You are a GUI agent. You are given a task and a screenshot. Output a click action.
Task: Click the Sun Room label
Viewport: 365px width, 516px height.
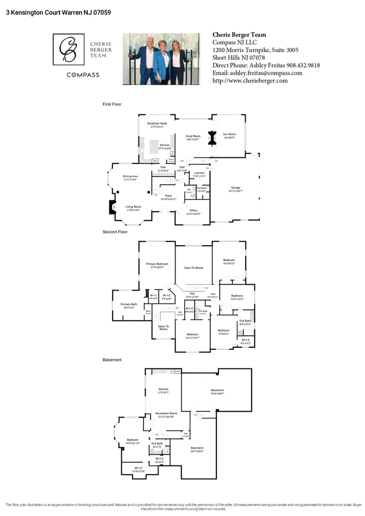coord(229,134)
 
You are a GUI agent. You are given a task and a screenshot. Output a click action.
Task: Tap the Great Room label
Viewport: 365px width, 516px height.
coord(193,136)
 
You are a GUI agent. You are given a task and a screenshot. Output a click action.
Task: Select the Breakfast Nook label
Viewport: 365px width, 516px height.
coord(157,124)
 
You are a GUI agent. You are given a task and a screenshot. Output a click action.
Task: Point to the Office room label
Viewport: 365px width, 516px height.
coord(193,211)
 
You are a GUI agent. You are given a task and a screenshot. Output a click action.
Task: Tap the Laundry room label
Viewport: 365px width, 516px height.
coord(199,173)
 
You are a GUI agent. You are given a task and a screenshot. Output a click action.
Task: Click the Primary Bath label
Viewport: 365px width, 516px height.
coord(129,304)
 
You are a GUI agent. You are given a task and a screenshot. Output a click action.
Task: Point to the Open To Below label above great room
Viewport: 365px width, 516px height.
coord(194,268)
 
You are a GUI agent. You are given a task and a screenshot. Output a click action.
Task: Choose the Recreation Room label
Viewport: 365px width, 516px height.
coord(166,414)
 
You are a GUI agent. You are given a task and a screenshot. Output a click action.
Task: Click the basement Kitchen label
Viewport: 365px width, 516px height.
coord(163,389)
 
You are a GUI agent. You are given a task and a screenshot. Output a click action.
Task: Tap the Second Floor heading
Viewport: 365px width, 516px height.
coord(115,232)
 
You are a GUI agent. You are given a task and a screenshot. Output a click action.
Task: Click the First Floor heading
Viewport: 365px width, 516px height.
coord(112,104)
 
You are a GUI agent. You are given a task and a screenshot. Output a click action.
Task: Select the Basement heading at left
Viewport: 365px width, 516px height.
coord(112,360)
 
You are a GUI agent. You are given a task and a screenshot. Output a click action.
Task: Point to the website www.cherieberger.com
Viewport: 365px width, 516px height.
coord(250,80)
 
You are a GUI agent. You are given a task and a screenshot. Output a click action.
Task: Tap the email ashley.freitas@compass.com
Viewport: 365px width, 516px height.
coord(258,73)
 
